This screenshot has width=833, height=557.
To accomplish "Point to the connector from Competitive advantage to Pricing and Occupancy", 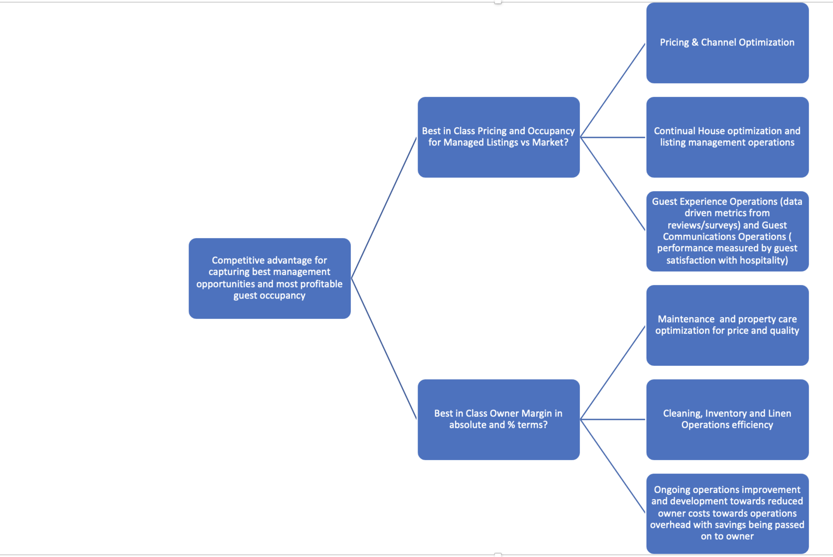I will coord(384,207).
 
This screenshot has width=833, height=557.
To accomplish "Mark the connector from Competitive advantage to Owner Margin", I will coord(384,349).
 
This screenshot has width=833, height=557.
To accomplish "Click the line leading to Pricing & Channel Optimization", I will coord(613,90).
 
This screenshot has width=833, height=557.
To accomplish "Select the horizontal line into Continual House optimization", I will coord(613,138).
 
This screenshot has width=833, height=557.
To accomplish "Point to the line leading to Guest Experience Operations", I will coord(613,184).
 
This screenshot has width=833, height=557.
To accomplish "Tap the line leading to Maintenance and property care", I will coord(613,373).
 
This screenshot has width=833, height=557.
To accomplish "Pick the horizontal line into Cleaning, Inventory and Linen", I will coord(613,419).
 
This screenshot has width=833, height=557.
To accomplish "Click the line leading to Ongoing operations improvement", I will coord(613,466).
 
